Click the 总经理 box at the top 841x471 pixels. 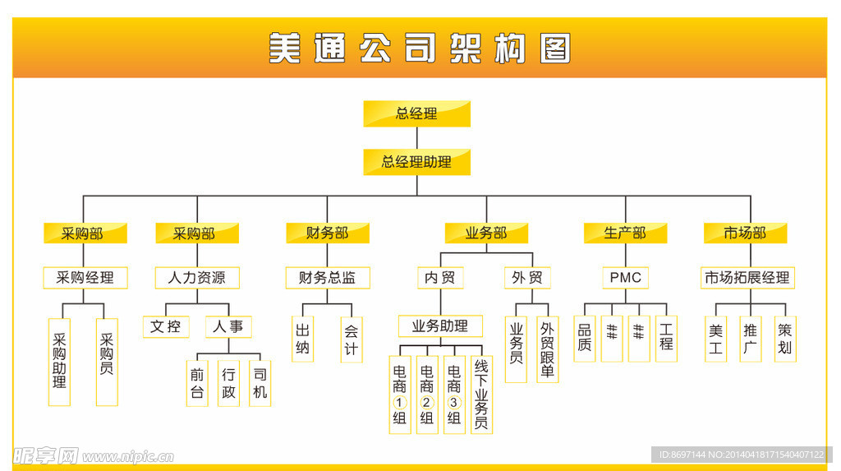click(416, 113)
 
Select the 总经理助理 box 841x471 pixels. click(416, 162)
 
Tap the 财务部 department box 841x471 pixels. click(327, 233)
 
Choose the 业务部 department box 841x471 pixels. click(486, 233)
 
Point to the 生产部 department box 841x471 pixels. click(625, 233)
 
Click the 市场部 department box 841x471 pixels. click(745, 233)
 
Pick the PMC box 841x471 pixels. click(625, 278)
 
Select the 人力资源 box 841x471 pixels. click(197, 278)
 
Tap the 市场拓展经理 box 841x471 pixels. click(747, 278)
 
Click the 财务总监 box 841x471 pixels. click(327, 278)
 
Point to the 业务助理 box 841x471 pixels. click(440, 326)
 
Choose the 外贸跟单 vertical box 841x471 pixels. click(548, 349)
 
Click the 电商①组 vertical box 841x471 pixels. click(400, 395)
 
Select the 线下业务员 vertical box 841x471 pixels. click(481, 395)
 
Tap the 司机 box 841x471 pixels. click(260, 382)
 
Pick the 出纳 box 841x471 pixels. click(303, 339)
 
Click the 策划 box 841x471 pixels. click(785, 339)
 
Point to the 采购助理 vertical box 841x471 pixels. click(59, 362)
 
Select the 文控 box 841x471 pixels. click(165, 326)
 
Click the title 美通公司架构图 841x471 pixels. click(419, 48)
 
